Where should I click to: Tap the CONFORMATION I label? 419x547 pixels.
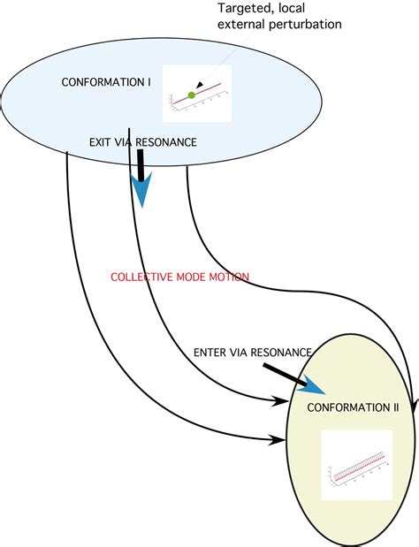106,82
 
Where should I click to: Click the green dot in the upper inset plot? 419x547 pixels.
191,94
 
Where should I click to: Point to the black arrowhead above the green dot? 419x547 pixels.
200,85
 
